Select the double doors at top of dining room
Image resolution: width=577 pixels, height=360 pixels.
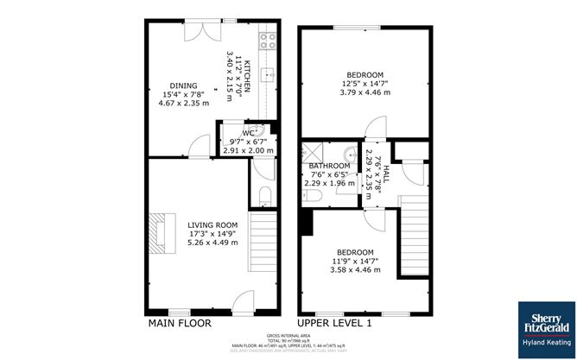tap(202, 30)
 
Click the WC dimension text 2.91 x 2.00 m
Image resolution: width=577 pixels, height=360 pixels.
tap(248, 150)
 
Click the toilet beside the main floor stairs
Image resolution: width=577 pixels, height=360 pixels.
tap(263, 192)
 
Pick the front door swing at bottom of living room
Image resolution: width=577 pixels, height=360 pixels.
tap(243, 302)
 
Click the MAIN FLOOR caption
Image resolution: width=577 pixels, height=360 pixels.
tap(180, 323)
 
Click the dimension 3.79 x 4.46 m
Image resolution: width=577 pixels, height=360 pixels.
tap(365, 92)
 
